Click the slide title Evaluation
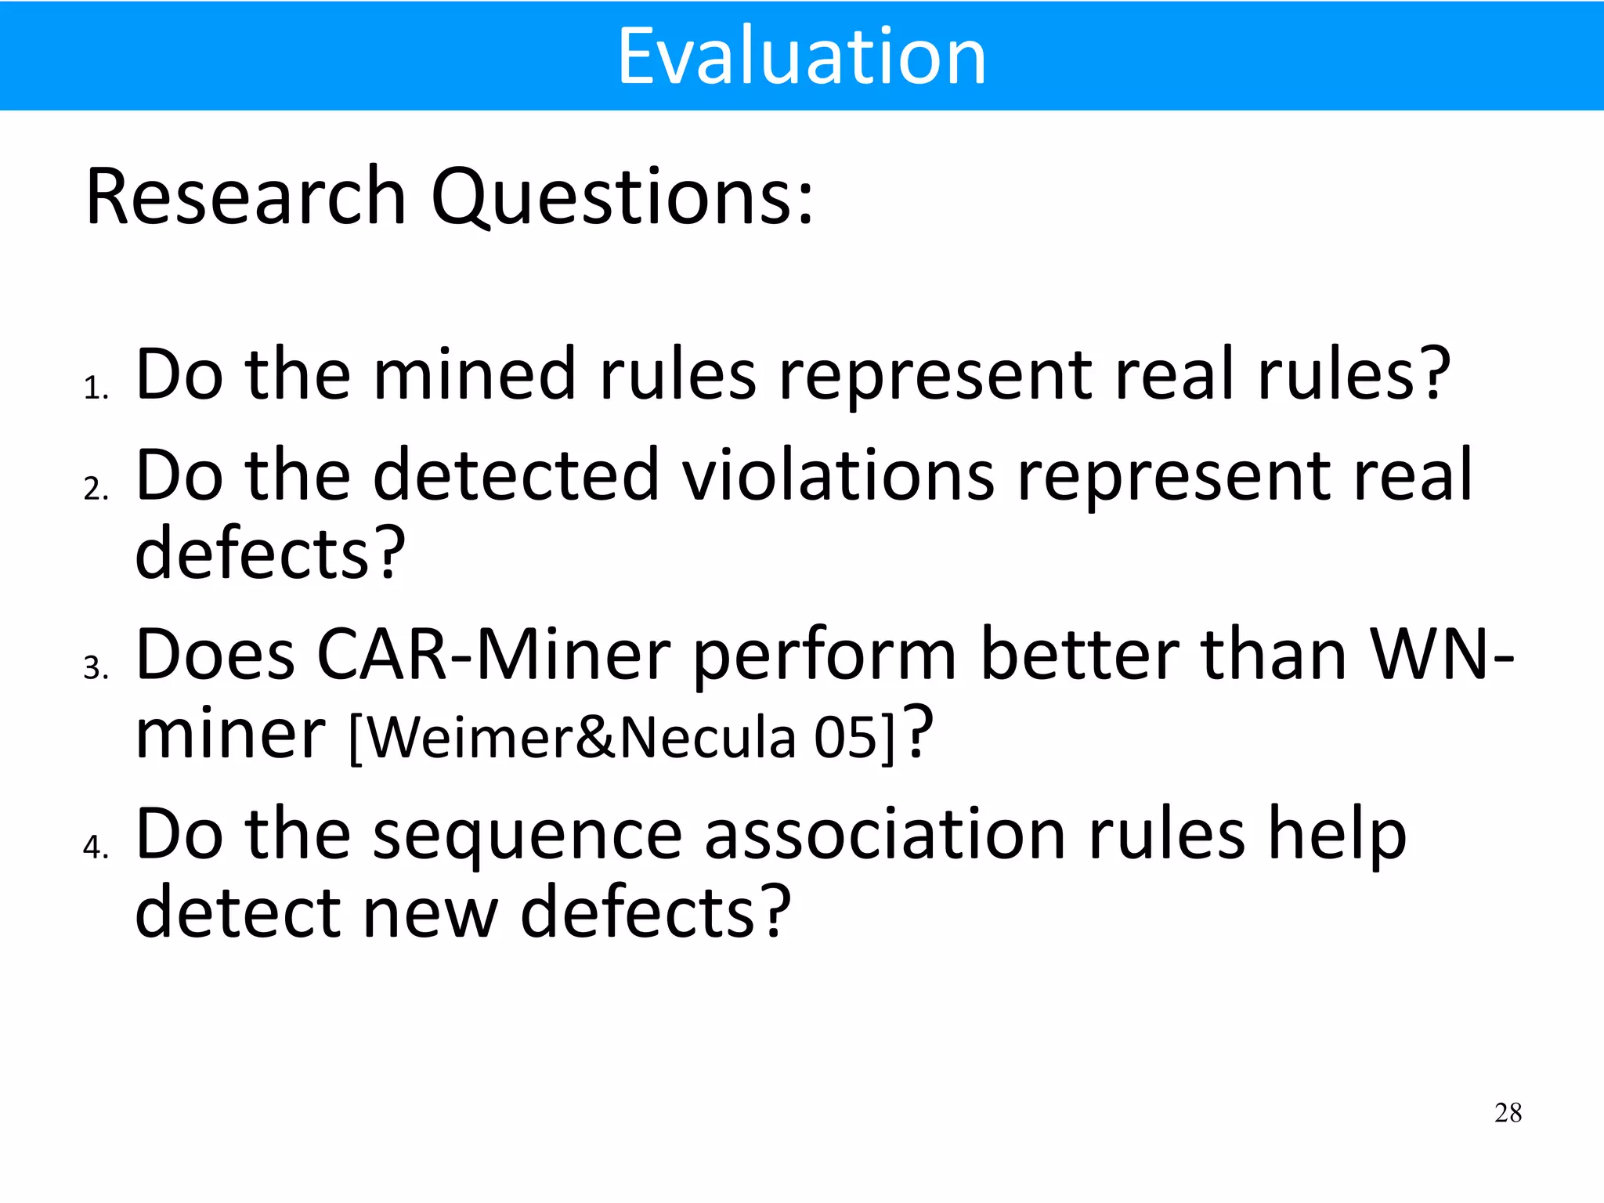coord(801,56)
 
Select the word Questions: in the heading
coord(623,197)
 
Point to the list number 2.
coord(95,489)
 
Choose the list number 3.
coord(95,668)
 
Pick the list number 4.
coord(95,847)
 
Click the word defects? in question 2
coord(270,553)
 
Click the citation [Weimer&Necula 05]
coord(621,737)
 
